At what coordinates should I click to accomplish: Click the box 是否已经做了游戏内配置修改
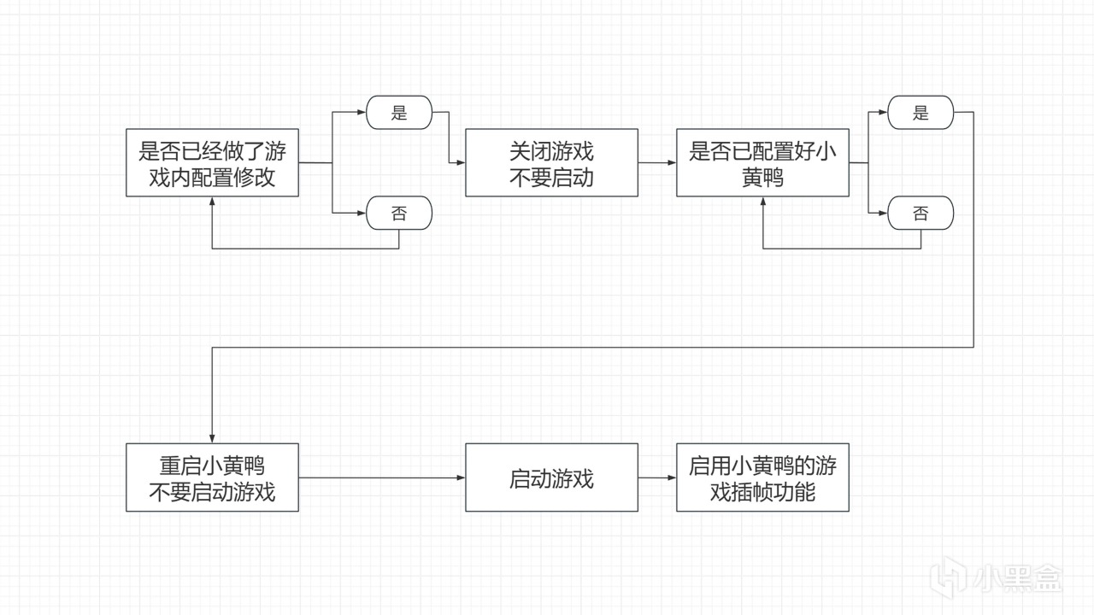(x=212, y=162)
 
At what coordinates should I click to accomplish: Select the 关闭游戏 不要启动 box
(x=551, y=162)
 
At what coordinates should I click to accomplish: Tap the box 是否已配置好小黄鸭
(x=762, y=162)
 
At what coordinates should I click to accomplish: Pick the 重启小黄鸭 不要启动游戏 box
(x=212, y=477)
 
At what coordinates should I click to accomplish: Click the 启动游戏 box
(x=551, y=477)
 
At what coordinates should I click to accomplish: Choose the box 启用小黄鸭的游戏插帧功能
(x=762, y=477)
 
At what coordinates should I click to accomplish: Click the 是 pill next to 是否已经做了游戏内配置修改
(x=399, y=113)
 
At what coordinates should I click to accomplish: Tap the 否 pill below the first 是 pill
(x=399, y=214)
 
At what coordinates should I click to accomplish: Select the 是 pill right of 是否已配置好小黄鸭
(x=920, y=113)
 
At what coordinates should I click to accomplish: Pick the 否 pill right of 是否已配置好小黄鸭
(x=920, y=214)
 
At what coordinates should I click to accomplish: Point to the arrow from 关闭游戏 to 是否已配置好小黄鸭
(x=656, y=162)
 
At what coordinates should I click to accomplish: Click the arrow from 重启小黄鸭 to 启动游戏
(x=381, y=477)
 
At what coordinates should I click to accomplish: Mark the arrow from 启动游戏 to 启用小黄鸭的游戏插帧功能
(x=656, y=477)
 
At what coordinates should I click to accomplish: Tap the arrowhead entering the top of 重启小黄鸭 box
(x=212, y=438)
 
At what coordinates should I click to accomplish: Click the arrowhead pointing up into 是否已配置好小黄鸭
(x=763, y=202)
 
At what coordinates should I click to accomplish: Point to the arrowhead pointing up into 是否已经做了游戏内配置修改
(x=212, y=202)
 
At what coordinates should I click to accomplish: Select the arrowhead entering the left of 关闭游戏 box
(x=461, y=162)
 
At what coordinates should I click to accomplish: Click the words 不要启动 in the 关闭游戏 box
(x=551, y=179)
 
